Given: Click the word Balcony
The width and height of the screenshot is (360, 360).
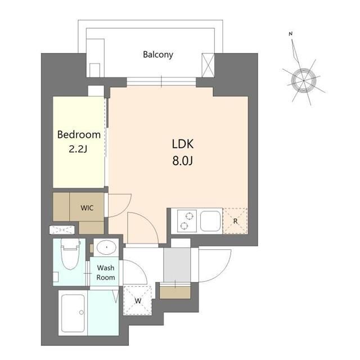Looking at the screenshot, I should [157, 55].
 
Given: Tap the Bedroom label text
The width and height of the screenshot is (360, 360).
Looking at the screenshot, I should [79, 134].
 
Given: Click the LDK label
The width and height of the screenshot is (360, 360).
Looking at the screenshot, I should [183, 143].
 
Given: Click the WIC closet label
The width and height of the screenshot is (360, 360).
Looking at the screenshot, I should [87, 207].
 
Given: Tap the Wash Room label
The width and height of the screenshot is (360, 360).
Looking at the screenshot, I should [106, 273].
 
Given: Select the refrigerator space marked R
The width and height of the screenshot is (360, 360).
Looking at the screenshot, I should [235, 220].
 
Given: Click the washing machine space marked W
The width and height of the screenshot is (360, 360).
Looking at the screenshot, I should [137, 300].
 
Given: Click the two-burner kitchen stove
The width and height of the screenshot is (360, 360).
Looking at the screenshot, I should [186, 220].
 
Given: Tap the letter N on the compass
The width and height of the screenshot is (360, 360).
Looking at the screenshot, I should [291, 34].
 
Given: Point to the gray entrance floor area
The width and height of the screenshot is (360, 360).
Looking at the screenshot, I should [177, 264].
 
